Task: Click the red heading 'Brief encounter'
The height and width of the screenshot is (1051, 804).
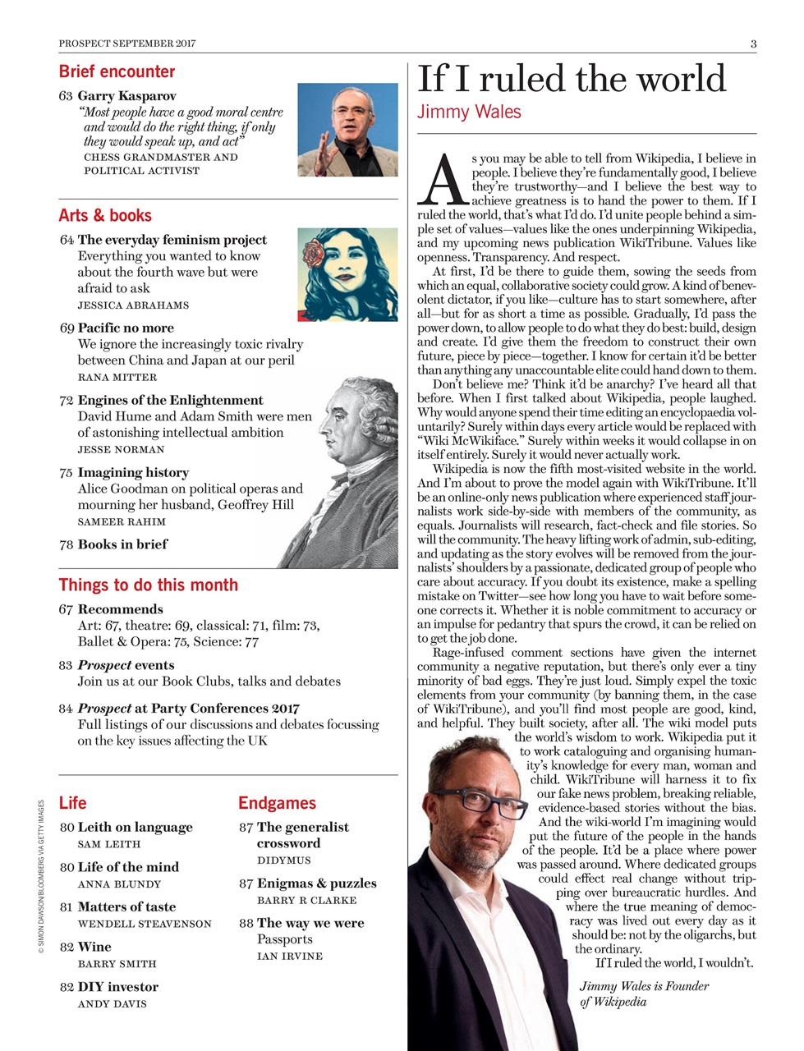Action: point(117,71)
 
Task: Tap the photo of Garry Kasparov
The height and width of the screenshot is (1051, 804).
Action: point(347,129)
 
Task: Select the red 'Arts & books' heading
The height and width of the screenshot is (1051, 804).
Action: point(105,215)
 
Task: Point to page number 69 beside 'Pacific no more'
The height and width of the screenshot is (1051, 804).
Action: point(67,328)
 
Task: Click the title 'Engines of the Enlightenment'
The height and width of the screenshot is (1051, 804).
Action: point(170,400)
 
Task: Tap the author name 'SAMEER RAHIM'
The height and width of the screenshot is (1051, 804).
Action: point(122,521)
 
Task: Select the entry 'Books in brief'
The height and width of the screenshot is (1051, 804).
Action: point(122,544)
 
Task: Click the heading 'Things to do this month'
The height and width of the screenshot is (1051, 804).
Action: point(148,585)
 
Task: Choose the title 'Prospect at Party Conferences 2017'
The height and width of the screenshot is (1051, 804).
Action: point(188,708)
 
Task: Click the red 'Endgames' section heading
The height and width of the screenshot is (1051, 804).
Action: point(277,803)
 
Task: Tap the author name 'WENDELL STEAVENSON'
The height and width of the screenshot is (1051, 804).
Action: point(144,924)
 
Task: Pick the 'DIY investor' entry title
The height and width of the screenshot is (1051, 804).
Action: point(117,987)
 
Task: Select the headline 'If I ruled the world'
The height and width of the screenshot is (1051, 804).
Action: point(572,79)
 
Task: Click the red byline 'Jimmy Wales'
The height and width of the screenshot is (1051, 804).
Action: point(469,111)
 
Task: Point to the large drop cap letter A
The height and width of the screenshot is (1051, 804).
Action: point(443,178)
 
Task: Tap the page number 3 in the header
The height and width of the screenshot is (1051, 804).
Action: point(753,44)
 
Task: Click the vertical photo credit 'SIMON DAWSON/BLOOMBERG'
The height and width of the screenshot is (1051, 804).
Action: point(41,879)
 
